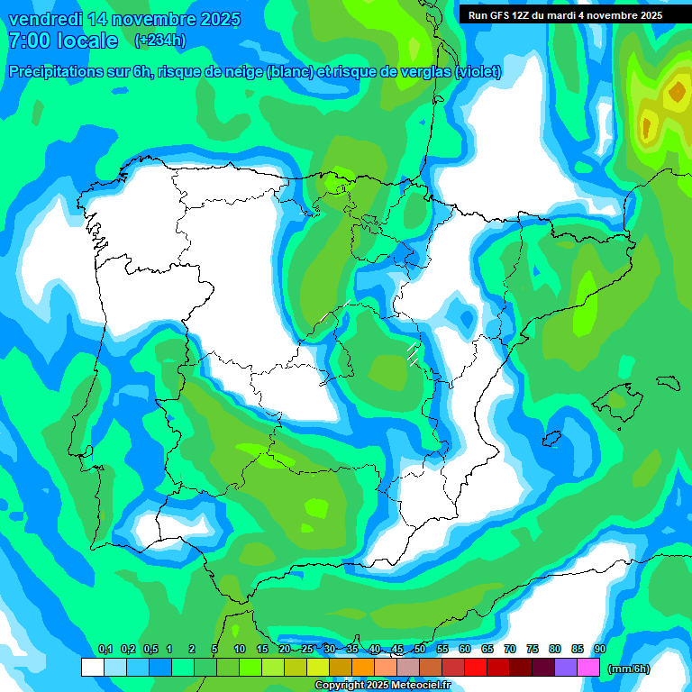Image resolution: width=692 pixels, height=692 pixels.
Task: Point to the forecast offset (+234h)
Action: coord(159,41)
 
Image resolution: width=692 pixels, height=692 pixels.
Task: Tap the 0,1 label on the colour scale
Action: coord(105,649)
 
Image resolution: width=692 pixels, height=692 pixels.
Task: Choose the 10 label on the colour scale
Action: coord(240,649)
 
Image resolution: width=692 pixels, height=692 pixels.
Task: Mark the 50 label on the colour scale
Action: coord(420,649)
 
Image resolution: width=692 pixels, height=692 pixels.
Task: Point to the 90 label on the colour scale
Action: coord(600,649)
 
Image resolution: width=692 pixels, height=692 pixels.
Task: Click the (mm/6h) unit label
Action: coord(630,668)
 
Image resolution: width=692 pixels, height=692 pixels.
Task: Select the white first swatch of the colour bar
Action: coord(92,667)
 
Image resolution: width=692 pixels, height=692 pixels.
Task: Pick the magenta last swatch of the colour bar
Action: coord(588,667)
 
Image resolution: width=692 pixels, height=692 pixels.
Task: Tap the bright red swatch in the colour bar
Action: coord(476,667)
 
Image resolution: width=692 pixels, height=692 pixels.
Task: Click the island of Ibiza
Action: coord(551,439)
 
